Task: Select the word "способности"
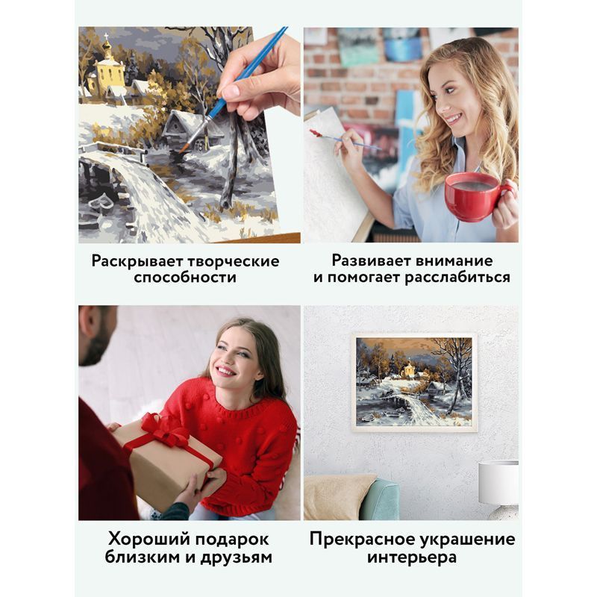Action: tap(185, 278)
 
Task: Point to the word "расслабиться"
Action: tap(457, 278)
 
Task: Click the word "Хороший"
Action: tap(149, 539)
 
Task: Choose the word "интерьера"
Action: tap(412, 557)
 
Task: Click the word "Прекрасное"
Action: tap(362, 539)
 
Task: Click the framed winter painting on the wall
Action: tap(414, 383)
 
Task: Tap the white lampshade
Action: tap(498, 483)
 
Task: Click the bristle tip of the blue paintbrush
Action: tap(183, 148)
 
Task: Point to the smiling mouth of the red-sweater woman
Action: tap(225, 370)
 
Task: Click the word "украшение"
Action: tap(468, 540)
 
